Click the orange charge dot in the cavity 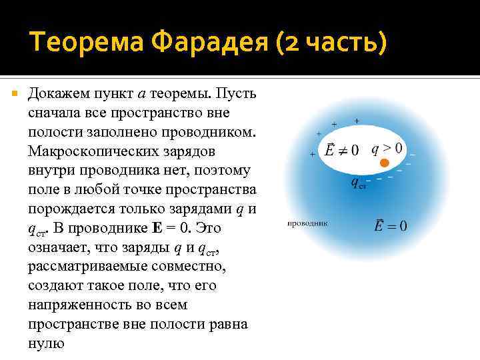pyautogui.click(x=384, y=163)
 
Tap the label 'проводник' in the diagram pyautogui.click(x=307, y=223)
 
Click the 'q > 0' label pyautogui.click(x=386, y=148)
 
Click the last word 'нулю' pyautogui.click(x=46, y=343)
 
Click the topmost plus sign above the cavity pyautogui.click(x=357, y=121)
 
